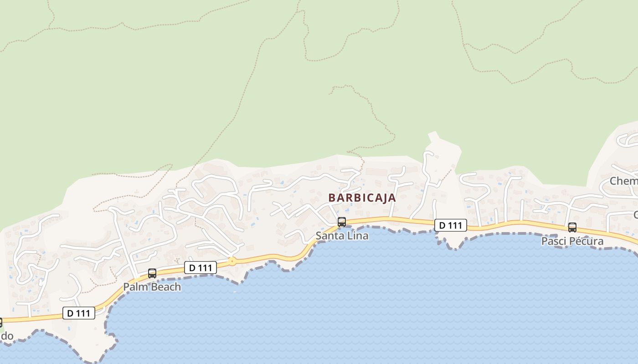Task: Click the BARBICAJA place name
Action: click(x=362, y=198)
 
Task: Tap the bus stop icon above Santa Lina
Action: click(x=341, y=222)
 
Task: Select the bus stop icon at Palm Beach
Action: click(x=152, y=273)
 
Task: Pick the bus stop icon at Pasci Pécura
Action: click(x=572, y=227)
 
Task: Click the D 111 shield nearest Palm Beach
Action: click(x=200, y=268)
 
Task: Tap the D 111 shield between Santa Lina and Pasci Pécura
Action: click(x=450, y=225)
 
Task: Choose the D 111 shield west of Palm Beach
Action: click(x=78, y=313)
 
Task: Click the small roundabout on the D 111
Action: click(x=232, y=262)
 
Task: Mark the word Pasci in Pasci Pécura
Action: click(x=553, y=241)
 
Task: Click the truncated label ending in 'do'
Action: click(x=6, y=336)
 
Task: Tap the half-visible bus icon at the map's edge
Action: click(x=1, y=322)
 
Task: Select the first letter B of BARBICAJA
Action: click(x=332, y=198)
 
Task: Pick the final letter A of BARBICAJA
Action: click(x=392, y=198)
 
